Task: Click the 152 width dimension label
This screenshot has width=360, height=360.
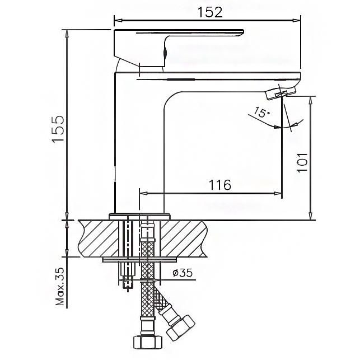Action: coord(210,12)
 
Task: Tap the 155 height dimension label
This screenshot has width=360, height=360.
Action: coord(58,130)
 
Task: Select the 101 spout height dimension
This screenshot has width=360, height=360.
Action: coord(302,162)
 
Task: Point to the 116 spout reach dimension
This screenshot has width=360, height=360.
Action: coord(220,185)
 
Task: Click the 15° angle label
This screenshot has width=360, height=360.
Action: coord(261,113)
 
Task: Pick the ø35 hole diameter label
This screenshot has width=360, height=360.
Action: coord(183,273)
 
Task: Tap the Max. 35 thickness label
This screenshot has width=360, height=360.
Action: coord(60,287)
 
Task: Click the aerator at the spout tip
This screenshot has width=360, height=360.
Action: coord(277,93)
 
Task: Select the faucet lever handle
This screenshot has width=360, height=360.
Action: coord(178,47)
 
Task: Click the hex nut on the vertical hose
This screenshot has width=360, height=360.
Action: coord(148,343)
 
